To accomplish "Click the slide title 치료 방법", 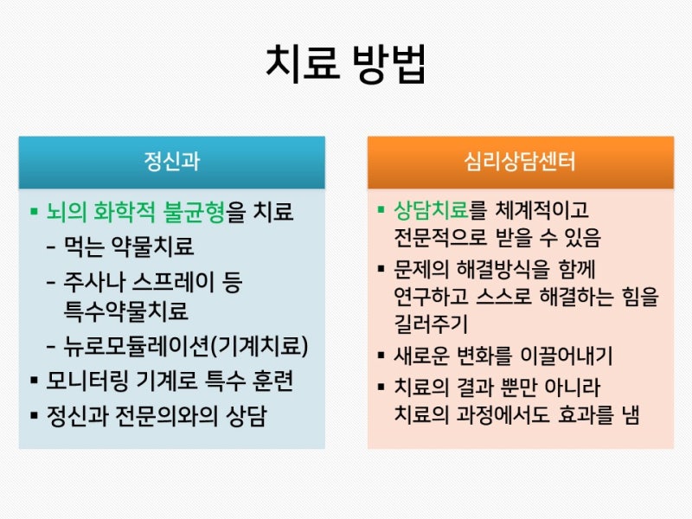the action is click(x=346, y=64).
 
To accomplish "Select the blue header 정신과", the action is click(x=171, y=161).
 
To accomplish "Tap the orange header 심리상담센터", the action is click(x=520, y=161).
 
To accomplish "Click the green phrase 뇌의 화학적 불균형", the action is click(x=136, y=211).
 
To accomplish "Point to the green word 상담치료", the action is click(x=431, y=210).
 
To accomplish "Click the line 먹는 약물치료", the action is click(x=129, y=247).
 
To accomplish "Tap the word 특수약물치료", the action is click(x=126, y=311).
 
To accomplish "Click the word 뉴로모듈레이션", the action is click(x=136, y=346).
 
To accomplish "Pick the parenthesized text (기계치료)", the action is click(x=259, y=346).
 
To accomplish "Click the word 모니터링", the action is click(x=88, y=381).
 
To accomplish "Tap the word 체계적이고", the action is click(x=542, y=210).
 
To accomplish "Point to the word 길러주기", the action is click(x=430, y=324).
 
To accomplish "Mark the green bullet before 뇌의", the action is click(x=34, y=211).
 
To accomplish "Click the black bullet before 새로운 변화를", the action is click(x=381, y=356).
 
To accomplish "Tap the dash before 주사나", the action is click(x=51, y=282).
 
